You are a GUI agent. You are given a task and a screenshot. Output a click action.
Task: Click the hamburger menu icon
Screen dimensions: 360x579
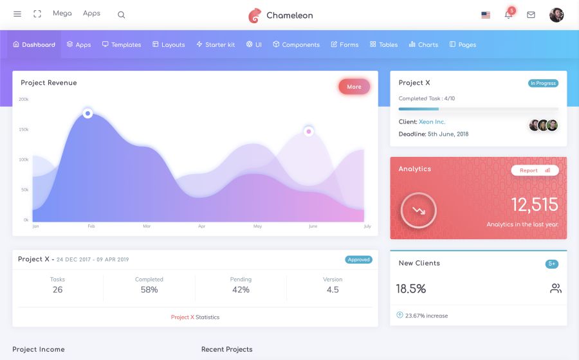pyautogui.click(x=17, y=14)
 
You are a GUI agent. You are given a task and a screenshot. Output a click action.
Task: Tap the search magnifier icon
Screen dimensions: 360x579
pyautogui.click(x=122, y=15)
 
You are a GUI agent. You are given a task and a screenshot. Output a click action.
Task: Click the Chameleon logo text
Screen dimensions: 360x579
pyautogui.click(x=289, y=15)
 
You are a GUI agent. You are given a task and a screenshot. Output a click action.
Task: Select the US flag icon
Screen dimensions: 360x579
pyautogui.click(x=486, y=15)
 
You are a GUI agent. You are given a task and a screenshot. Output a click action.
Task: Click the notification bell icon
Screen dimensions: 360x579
pyautogui.click(x=508, y=15)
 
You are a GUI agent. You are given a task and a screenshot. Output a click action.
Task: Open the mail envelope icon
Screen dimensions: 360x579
pyautogui.click(x=531, y=15)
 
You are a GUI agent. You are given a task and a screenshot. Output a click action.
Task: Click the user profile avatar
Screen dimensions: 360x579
pyautogui.click(x=556, y=15)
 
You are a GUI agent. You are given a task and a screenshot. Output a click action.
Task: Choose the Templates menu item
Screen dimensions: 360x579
pyautogui.click(x=122, y=45)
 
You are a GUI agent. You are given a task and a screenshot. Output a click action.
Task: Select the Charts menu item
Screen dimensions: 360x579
pyautogui.click(x=423, y=45)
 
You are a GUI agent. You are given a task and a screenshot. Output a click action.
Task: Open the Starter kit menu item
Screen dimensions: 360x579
pyautogui.click(x=216, y=45)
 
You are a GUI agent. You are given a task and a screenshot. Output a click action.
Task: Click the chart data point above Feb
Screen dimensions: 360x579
pyautogui.click(x=87, y=114)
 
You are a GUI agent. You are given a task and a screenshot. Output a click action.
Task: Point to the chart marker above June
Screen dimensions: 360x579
pyautogui.click(x=309, y=132)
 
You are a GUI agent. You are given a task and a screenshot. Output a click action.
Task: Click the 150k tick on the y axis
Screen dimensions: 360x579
pyautogui.click(x=24, y=130)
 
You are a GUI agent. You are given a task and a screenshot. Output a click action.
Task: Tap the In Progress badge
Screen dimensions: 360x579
pyautogui.click(x=544, y=84)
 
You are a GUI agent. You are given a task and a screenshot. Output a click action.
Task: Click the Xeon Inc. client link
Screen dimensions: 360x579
pyautogui.click(x=432, y=122)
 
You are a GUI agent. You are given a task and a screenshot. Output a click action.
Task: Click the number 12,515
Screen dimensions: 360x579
pyautogui.click(x=535, y=205)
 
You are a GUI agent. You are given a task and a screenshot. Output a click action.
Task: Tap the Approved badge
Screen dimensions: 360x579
pyautogui.click(x=358, y=260)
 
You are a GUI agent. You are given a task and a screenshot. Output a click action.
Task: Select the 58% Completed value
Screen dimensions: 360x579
pyautogui.click(x=149, y=290)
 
